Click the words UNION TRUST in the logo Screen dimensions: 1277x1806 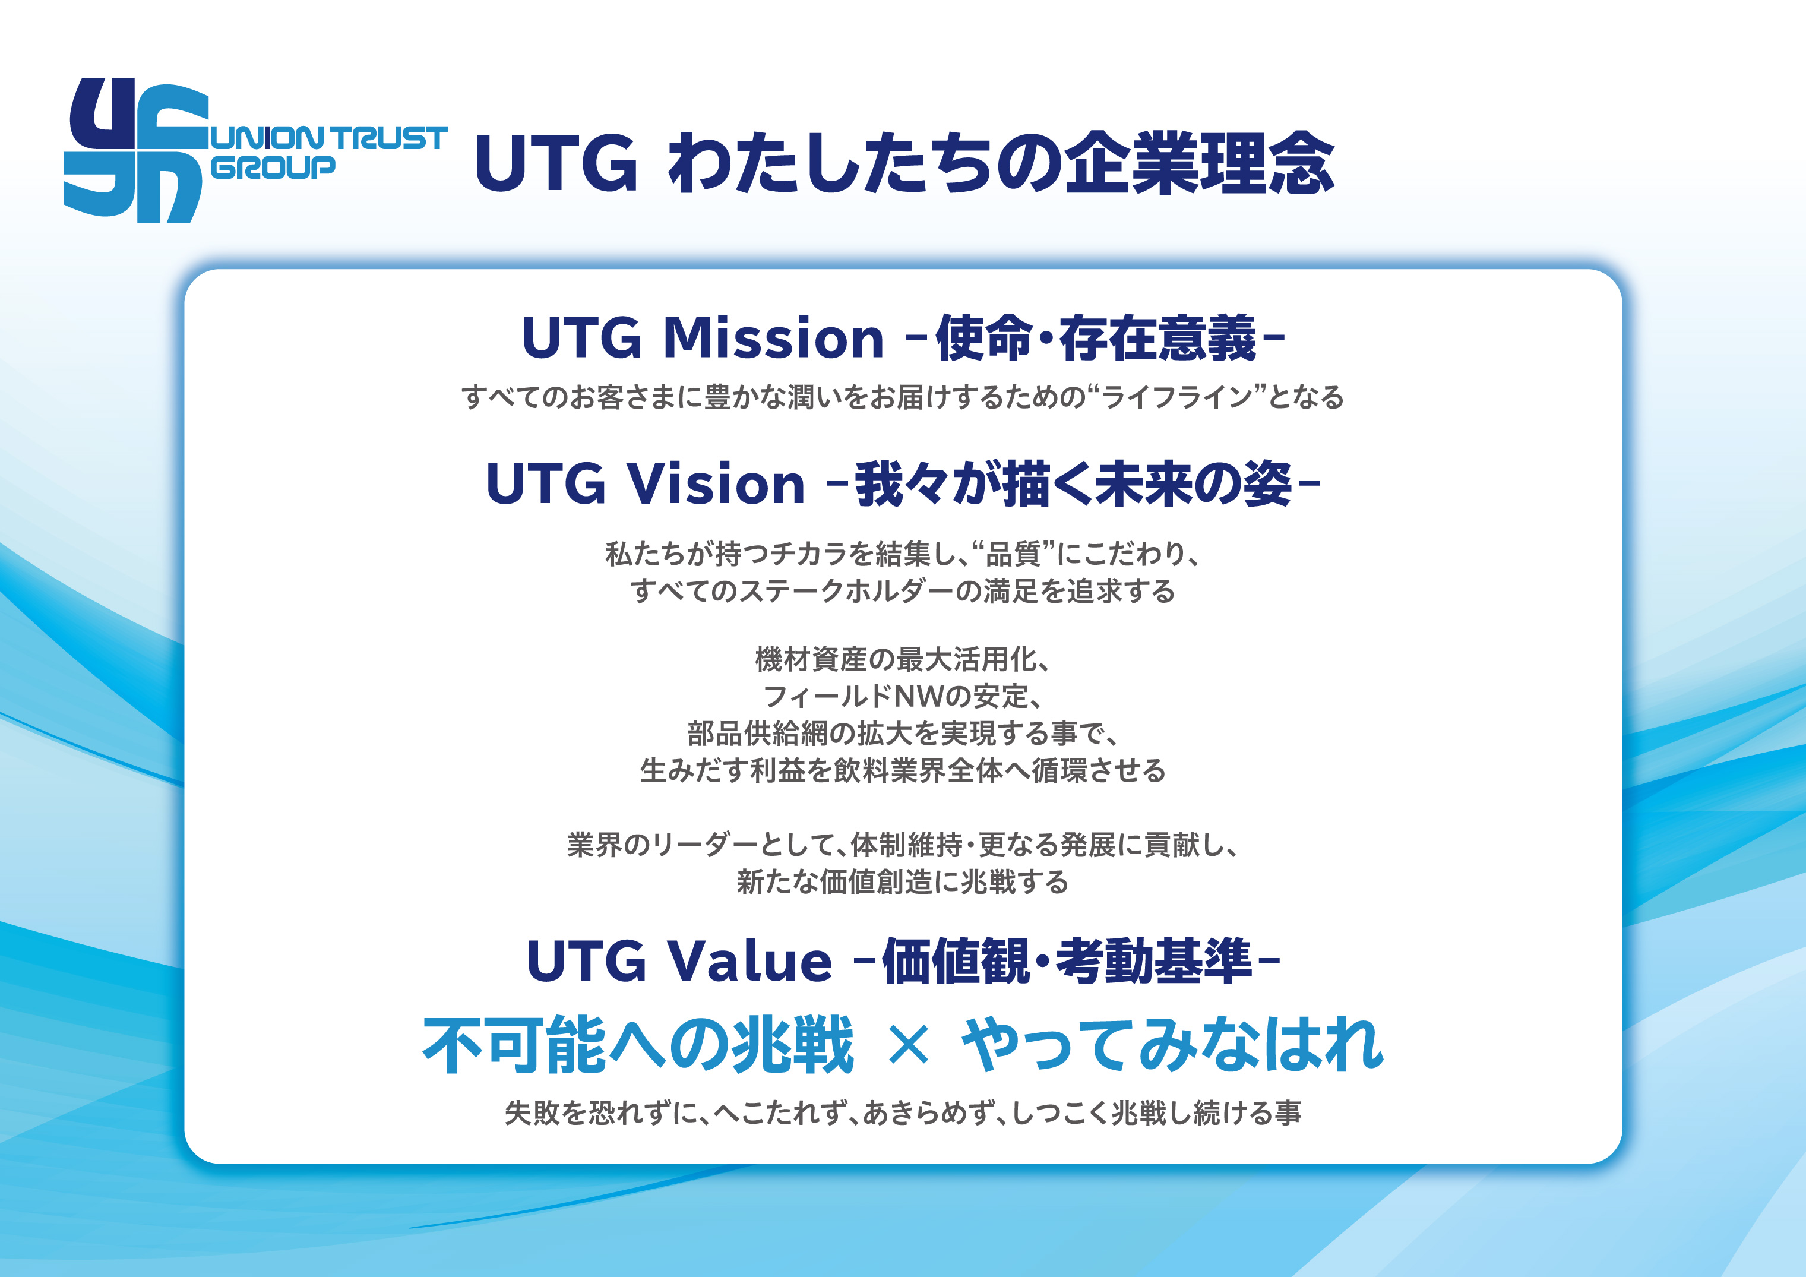point(330,138)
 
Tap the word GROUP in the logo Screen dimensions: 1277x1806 point(274,167)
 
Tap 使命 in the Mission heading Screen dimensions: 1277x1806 point(983,339)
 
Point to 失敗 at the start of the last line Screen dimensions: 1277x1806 point(532,1112)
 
